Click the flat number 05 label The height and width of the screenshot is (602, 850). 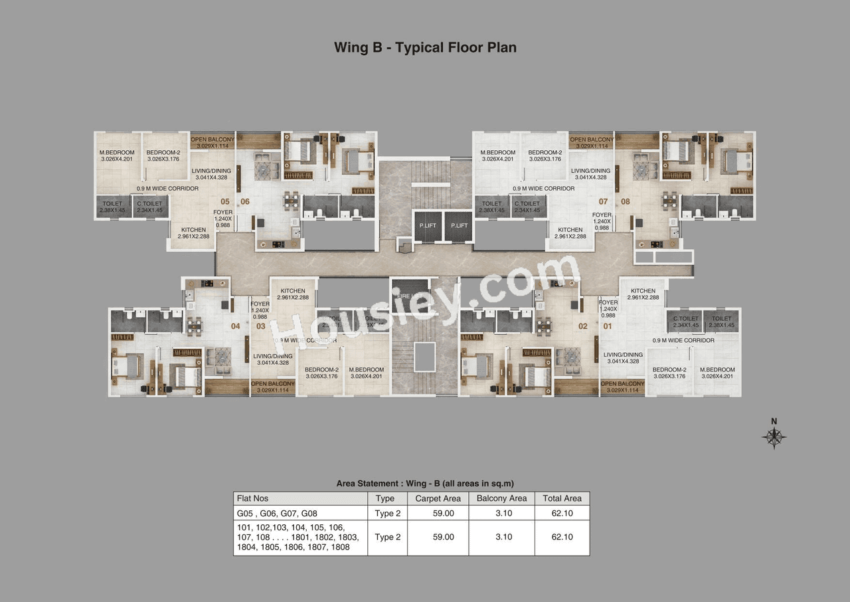(225, 201)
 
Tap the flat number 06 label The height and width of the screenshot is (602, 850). (245, 201)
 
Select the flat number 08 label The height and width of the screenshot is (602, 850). (625, 201)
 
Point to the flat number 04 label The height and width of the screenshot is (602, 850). (235, 326)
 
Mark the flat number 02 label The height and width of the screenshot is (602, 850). (583, 326)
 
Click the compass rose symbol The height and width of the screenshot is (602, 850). (774, 437)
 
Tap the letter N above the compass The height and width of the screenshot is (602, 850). (774, 421)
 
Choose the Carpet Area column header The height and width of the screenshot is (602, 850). (438, 498)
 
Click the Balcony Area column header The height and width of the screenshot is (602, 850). (501, 498)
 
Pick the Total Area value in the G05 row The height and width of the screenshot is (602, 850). (562, 514)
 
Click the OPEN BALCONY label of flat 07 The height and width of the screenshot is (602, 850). (591, 140)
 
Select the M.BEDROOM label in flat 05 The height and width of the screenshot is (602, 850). (118, 152)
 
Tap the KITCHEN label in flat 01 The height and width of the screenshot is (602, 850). (643, 290)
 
